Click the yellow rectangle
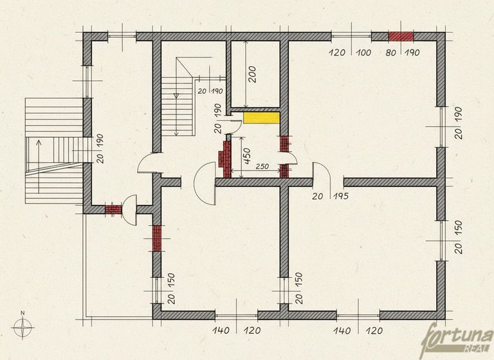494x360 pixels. [262, 118]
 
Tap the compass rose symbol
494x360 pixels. [23, 328]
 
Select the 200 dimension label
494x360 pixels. [252, 74]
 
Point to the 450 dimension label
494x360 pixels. [247, 156]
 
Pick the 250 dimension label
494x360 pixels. [262, 166]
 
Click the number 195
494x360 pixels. [341, 196]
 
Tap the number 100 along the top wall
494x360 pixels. [364, 52]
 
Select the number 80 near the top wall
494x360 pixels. [390, 53]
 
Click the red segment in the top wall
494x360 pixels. [401, 37]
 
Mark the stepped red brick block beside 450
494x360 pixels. [225, 159]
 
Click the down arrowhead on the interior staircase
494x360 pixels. [176, 94]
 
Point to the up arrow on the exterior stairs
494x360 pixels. [39, 166]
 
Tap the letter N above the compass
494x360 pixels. [23, 313]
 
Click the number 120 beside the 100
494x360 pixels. [338, 52]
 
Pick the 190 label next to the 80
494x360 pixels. [412, 52]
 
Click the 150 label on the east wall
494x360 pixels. [458, 228]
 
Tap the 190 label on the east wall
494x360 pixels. [458, 115]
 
